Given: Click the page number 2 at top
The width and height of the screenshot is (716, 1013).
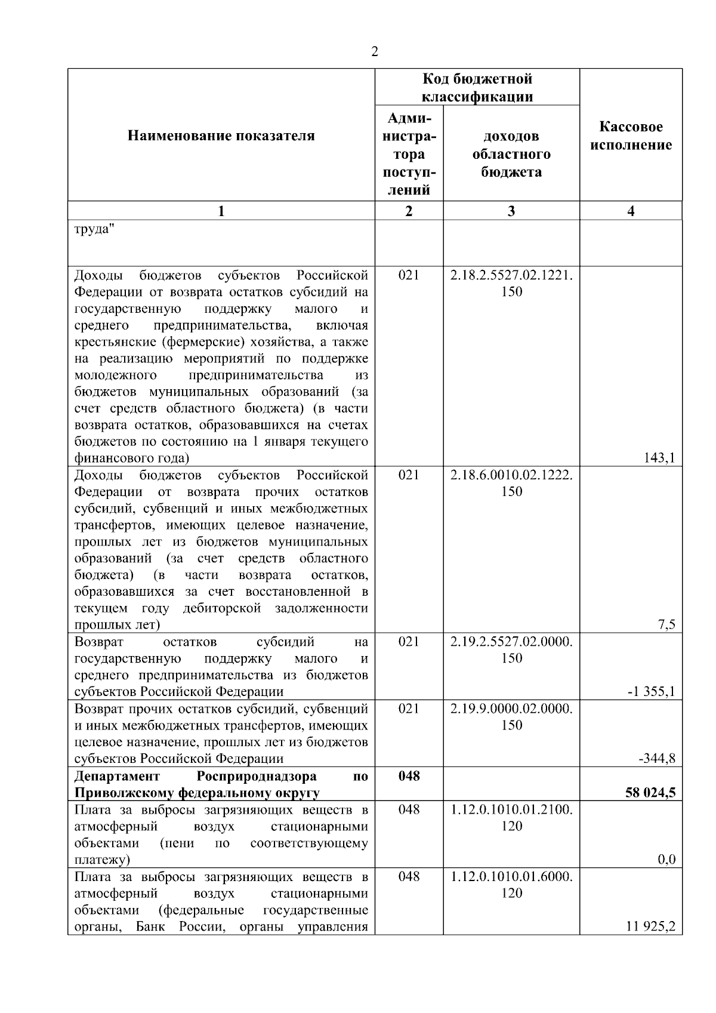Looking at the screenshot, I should (x=374, y=52).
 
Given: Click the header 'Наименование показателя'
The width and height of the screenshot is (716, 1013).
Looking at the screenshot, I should (x=221, y=136).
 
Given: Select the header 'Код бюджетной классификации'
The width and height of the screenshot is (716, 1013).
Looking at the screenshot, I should (x=477, y=88).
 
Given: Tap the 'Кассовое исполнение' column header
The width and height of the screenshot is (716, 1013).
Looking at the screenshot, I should (x=631, y=136).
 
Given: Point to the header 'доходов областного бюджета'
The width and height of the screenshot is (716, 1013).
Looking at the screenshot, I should (x=511, y=154).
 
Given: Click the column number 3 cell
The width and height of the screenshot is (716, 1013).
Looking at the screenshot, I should (x=511, y=211).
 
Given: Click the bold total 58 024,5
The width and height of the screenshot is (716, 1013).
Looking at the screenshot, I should (x=650, y=793).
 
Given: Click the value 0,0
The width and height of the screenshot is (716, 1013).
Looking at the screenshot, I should (x=666, y=860).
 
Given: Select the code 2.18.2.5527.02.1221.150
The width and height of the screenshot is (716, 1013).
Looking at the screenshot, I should (x=511, y=284).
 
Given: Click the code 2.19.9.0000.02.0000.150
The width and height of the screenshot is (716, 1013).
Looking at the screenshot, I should (x=511, y=717).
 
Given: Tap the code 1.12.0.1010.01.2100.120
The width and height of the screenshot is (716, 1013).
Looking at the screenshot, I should (x=511, y=818).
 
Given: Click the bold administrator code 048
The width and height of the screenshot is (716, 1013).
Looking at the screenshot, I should (x=409, y=776).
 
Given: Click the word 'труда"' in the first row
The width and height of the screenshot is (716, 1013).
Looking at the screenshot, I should (x=94, y=230).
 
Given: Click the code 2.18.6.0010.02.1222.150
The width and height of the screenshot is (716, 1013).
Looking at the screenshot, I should (x=511, y=484).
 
